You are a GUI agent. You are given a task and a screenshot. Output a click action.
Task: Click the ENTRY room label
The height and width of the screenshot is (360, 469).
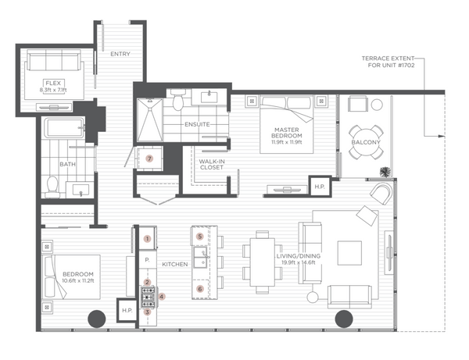[120, 54]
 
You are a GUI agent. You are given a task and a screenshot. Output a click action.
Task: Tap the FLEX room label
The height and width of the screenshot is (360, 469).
[53, 83]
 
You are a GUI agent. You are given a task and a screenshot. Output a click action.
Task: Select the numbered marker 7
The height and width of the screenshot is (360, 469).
[149, 159]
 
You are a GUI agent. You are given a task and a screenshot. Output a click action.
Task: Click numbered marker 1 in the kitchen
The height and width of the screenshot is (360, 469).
[147, 239]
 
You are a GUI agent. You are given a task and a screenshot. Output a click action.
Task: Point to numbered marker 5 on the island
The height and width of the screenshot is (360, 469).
[200, 237]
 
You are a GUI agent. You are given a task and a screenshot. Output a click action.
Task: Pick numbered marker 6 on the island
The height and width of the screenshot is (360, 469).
[200, 289]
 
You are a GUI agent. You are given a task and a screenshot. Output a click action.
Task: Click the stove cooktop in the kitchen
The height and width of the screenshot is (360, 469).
[149, 297]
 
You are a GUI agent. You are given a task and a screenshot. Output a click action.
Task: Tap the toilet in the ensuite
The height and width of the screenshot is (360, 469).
[178, 100]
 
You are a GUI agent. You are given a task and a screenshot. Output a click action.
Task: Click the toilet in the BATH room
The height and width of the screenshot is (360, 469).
[52, 186]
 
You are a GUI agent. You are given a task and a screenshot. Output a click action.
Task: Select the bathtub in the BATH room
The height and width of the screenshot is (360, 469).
[64, 128]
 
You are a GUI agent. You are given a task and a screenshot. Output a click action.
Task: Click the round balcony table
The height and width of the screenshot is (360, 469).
[366, 142]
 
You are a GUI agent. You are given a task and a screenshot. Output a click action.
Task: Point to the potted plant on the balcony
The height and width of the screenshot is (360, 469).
[385, 172]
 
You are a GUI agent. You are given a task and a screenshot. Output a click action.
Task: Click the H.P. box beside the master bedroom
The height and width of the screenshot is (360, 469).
[320, 187]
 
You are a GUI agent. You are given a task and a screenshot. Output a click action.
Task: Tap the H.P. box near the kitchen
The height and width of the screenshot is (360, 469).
[127, 310]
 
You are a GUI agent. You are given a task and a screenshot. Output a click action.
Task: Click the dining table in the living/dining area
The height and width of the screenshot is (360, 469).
[263, 262]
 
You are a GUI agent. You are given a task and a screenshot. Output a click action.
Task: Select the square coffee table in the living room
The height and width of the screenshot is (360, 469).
[349, 253]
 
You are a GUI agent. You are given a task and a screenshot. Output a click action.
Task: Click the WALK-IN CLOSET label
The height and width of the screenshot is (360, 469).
[212, 164]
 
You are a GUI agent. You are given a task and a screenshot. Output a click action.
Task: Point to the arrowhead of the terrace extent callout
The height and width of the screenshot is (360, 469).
[442, 136]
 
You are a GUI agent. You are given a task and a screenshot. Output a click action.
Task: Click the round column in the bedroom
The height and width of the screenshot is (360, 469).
[97, 319]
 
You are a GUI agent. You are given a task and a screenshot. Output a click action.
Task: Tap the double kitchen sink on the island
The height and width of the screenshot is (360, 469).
[200, 257]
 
